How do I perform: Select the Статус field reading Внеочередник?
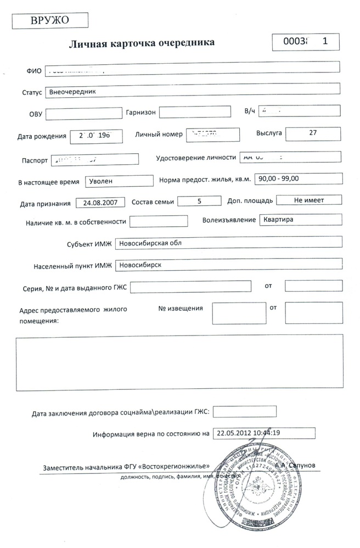(x=192, y=92)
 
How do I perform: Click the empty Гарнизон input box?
(x=195, y=112)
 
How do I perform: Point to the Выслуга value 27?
(x=313, y=133)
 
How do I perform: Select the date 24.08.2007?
(x=100, y=203)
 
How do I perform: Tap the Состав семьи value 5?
(x=198, y=201)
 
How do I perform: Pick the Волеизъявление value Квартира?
(x=301, y=220)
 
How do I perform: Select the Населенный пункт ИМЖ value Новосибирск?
(x=229, y=265)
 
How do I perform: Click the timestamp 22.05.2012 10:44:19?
(x=264, y=433)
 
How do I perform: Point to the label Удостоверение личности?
(x=196, y=157)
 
